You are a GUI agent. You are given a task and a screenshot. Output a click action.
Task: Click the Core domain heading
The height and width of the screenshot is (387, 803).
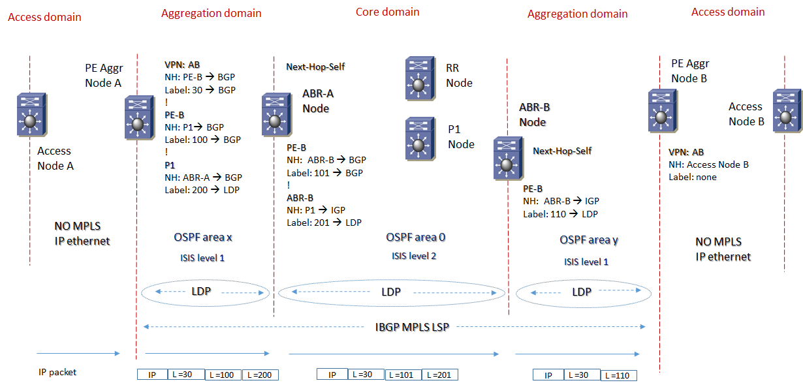click(387, 12)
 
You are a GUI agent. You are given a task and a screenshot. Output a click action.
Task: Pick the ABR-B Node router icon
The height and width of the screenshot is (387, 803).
click(507, 158)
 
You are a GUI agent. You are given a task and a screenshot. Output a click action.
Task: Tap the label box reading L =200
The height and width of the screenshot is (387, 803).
click(260, 375)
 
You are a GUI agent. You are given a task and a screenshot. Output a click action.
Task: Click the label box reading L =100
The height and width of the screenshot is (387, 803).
click(223, 375)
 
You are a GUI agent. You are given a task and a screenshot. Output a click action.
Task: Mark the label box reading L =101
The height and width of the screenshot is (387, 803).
click(403, 375)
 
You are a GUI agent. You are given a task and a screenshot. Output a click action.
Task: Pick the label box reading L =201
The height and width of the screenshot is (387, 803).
click(439, 375)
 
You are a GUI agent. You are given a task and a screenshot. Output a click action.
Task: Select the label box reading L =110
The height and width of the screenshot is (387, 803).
click(618, 375)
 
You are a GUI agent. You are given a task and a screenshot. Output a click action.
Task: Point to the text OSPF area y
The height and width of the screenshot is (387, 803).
click(588, 240)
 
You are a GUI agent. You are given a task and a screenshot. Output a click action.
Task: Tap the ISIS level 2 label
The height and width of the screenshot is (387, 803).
click(414, 256)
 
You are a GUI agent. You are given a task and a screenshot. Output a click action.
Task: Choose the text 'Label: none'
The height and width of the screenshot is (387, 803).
click(692, 177)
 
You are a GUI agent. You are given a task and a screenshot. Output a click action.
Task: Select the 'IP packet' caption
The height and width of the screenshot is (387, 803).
click(57, 372)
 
